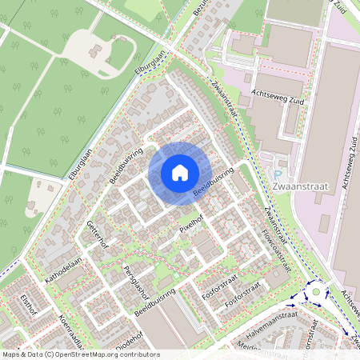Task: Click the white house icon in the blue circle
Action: click(x=180, y=173)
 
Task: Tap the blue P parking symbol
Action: click(x=278, y=175)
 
